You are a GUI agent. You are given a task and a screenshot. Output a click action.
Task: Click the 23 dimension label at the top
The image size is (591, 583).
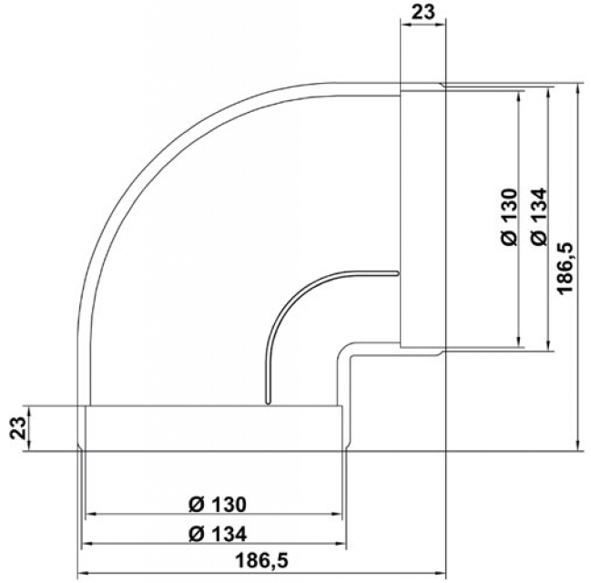point(423,12)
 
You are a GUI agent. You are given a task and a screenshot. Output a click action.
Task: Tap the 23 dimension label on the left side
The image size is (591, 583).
point(17,428)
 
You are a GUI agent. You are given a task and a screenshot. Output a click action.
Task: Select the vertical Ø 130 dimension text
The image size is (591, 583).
point(510,217)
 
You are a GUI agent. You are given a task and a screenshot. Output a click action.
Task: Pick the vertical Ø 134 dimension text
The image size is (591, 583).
point(538,217)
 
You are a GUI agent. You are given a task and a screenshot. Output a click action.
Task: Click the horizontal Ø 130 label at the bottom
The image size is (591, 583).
point(218,505)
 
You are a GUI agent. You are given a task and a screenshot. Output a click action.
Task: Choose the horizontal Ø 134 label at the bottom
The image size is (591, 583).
point(218,534)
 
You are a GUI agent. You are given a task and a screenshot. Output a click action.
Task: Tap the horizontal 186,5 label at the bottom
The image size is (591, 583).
point(261,560)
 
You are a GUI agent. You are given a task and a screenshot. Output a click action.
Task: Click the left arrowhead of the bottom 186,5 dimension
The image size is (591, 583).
point(83,573)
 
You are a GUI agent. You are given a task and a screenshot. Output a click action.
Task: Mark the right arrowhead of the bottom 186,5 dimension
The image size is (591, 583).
point(441,573)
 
